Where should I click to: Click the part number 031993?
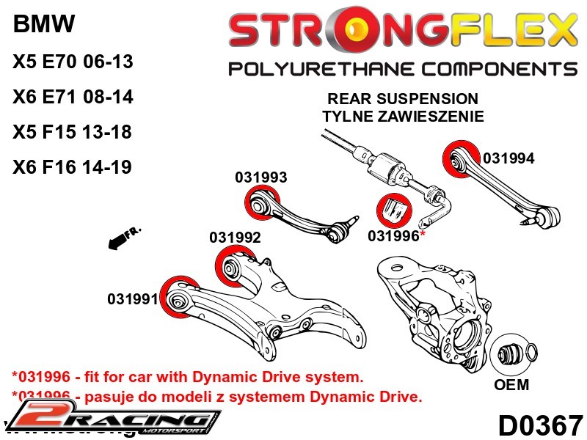point(260,177)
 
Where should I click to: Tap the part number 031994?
point(508,158)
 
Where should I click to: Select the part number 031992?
point(235,238)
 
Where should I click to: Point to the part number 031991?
point(133,299)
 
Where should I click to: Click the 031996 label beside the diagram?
point(393,235)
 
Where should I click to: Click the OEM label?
point(511,385)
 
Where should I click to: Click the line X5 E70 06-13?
point(73,62)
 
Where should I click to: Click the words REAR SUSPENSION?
point(403,98)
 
